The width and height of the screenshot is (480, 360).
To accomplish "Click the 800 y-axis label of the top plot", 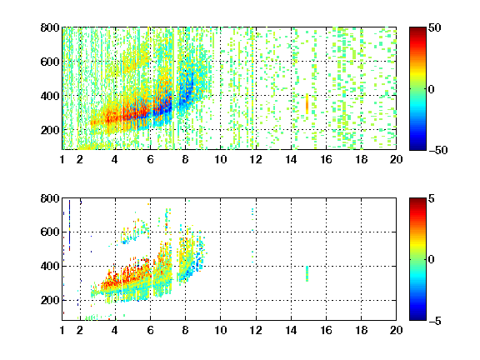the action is tap(50, 27).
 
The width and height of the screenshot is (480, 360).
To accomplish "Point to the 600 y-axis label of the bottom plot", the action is tap(50, 232).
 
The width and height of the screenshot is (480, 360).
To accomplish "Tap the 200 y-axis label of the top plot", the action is tap(50, 130).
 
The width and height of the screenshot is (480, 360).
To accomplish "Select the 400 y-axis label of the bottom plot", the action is tap(50, 266).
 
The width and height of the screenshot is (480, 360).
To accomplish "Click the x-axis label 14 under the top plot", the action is tap(291, 159).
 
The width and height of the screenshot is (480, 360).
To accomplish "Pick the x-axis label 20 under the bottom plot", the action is tap(396, 330).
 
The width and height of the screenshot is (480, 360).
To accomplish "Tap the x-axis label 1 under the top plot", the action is tap(62, 159).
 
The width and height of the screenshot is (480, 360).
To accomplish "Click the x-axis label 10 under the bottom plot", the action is tap(220, 330).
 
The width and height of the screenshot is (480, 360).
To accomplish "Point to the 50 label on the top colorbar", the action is tap(434, 27).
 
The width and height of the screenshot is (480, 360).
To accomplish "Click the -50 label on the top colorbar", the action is tap(438, 150).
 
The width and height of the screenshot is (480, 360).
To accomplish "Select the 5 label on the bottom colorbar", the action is tap(432, 198).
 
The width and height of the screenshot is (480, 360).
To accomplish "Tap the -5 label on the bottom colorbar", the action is tap(435, 321).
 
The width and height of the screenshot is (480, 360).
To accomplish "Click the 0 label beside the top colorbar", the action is tap(431, 89).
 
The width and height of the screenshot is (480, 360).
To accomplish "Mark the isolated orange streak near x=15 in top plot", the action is tap(307, 104).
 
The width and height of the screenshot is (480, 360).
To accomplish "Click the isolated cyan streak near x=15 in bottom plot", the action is tap(307, 273).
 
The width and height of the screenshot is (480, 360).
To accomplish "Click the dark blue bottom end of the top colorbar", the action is tap(417, 147).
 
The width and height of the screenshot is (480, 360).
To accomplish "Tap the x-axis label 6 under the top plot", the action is tap(150, 159).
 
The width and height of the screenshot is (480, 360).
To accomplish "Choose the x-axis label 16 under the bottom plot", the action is tap(327, 330).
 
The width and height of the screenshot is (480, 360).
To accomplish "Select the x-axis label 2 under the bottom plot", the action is tap(80, 330).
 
